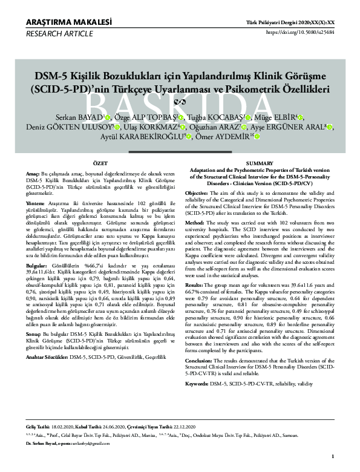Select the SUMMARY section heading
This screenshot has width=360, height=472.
261,164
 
